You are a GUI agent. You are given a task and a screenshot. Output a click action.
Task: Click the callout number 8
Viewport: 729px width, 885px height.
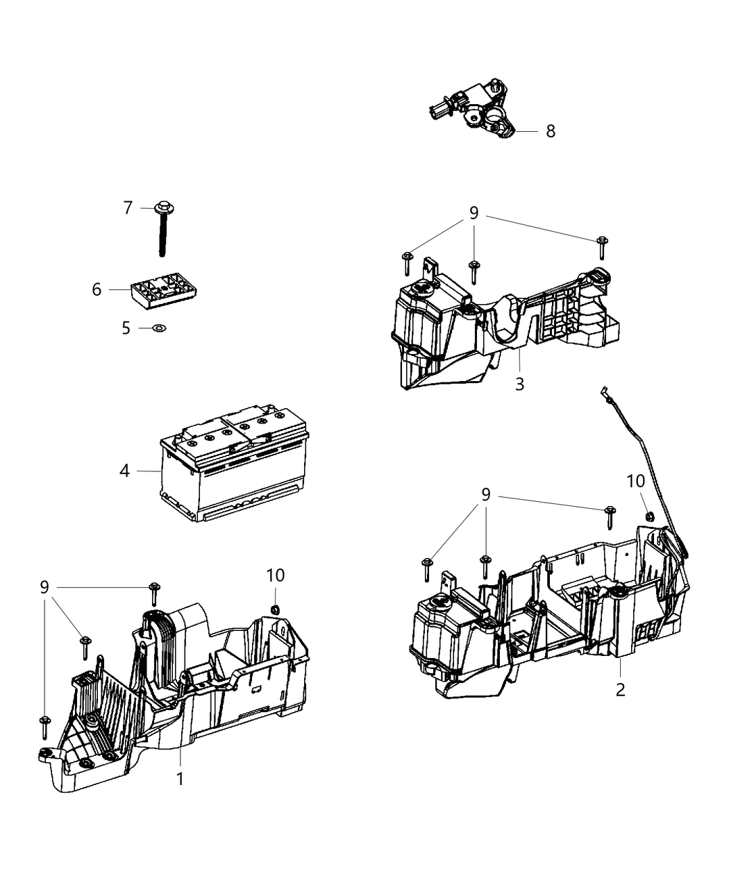(x=550, y=131)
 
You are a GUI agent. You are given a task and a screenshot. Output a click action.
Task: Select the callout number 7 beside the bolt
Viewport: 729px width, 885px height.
(x=128, y=208)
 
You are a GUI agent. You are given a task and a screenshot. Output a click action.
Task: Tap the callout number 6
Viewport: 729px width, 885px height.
(x=97, y=289)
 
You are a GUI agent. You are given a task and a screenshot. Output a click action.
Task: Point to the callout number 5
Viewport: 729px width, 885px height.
(x=126, y=328)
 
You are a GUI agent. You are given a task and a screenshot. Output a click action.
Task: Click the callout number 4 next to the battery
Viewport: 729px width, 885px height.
(x=124, y=471)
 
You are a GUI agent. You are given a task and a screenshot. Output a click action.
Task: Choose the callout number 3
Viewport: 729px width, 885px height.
(x=519, y=383)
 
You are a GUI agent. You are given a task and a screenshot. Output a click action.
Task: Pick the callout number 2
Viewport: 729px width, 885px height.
(x=620, y=689)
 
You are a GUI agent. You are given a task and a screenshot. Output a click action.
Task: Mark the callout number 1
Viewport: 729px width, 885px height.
(x=180, y=779)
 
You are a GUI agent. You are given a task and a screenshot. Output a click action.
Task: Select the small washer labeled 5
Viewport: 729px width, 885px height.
(x=158, y=328)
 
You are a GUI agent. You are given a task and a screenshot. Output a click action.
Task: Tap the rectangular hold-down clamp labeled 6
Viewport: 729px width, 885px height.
(x=161, y=293)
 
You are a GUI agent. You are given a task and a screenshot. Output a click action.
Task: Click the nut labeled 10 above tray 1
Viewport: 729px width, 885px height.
(x=274, y=609)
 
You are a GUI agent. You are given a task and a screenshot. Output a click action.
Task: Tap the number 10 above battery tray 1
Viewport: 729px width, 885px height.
(x=275, y=575)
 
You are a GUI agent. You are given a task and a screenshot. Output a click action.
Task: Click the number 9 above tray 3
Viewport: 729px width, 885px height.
(x=474, y=213)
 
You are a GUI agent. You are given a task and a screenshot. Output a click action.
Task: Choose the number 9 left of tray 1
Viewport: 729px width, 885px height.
(x=44, y=587)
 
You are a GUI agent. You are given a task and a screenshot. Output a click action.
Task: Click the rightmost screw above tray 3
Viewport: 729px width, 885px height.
(x=602, y=247)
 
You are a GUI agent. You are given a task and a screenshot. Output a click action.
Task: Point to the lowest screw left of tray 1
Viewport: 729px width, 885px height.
(x=44, y=725)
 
